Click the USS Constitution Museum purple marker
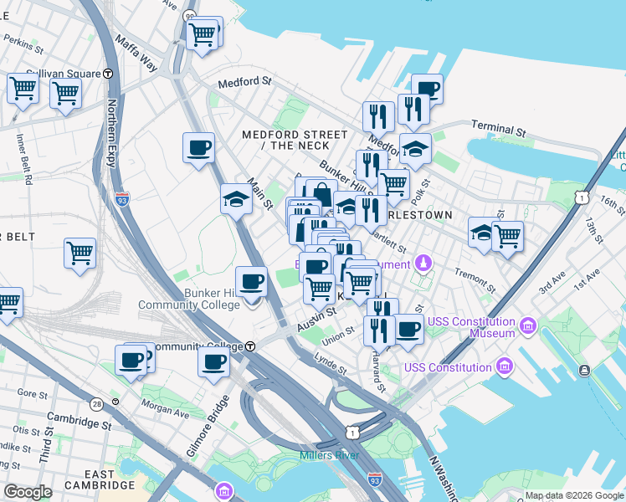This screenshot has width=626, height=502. coord(527,325)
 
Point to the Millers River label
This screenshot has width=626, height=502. coord(330,455)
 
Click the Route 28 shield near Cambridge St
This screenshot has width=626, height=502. coord(98,405)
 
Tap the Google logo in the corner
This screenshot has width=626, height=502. coord(28,491)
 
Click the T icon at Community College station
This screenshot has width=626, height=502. coord(249,346)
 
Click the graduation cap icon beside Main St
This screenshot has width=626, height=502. coord(236,200)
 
